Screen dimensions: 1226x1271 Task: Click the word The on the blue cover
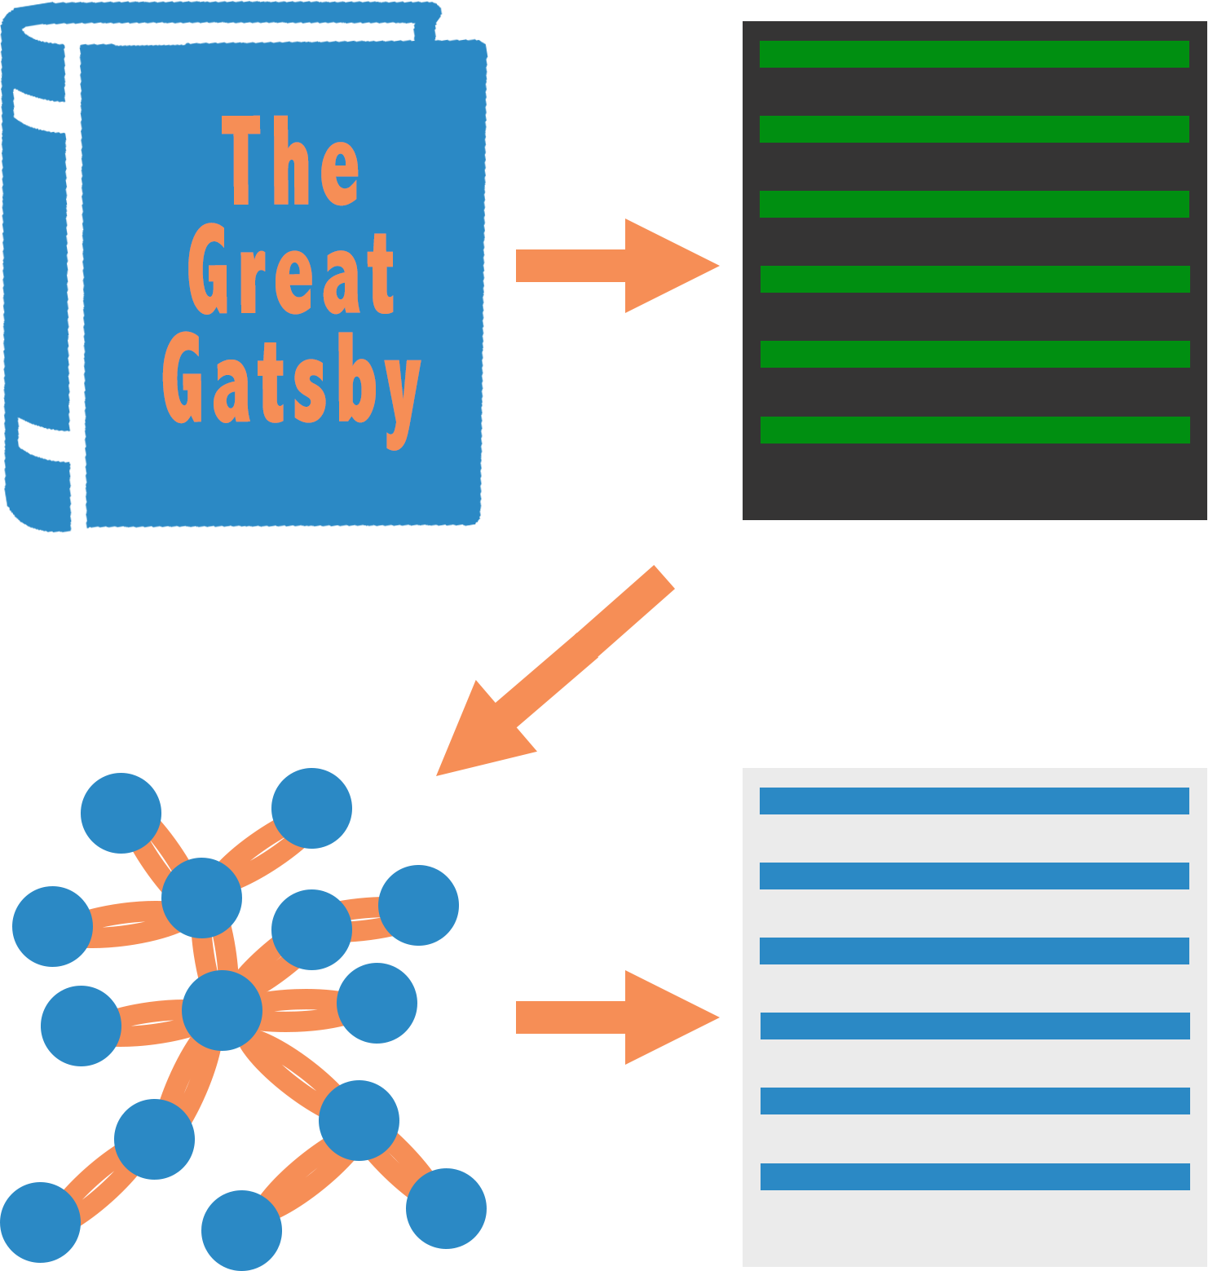[290, 161]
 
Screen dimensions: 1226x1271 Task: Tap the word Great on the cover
[291, 271]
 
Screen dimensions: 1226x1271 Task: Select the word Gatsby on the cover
[291, 383]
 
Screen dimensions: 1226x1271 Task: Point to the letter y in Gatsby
[403, 395]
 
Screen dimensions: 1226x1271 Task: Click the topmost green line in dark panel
[974, 54]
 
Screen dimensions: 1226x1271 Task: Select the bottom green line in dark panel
[975, 430]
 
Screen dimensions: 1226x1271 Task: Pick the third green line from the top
[974, 204]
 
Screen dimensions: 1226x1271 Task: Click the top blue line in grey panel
[974, 801]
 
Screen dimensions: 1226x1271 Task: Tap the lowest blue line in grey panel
[975, 1176]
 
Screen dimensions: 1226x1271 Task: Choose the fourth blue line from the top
[975, 1026]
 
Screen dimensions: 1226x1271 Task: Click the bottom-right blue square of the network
[447, 1209]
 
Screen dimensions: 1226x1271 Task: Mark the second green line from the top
[974, 129]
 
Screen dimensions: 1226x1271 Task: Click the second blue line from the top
[974, 876]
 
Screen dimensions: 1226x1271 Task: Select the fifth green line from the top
[975, 354]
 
